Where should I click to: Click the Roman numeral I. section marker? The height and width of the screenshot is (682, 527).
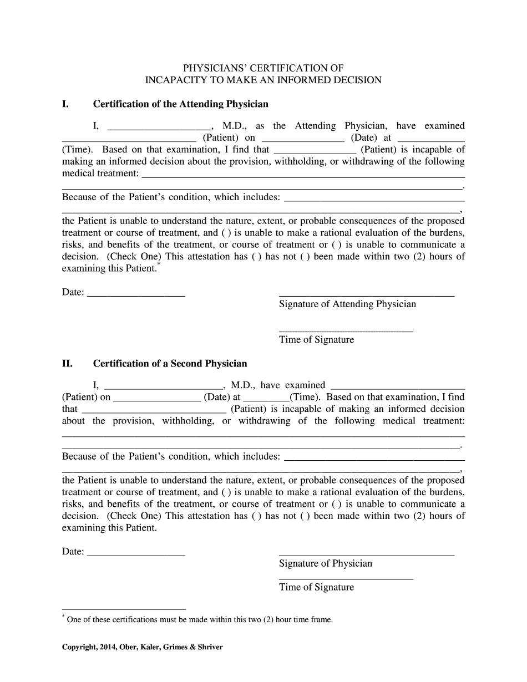point(65,104)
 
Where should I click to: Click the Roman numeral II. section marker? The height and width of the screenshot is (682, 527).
point(67,364)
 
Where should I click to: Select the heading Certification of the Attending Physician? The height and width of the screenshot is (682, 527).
point(180,104)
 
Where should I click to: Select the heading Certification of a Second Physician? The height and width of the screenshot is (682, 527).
point(170,364)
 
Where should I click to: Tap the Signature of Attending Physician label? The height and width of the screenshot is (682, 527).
point(347,304)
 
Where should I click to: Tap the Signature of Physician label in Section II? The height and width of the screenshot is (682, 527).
point(325,563)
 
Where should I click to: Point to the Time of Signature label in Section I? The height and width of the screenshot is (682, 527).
point(316,340)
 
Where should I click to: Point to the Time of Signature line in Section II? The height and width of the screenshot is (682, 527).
point(346,578)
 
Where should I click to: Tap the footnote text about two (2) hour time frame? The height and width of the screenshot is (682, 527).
point(200,620)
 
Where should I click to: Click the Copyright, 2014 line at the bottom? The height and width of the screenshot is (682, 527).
point(142,647)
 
